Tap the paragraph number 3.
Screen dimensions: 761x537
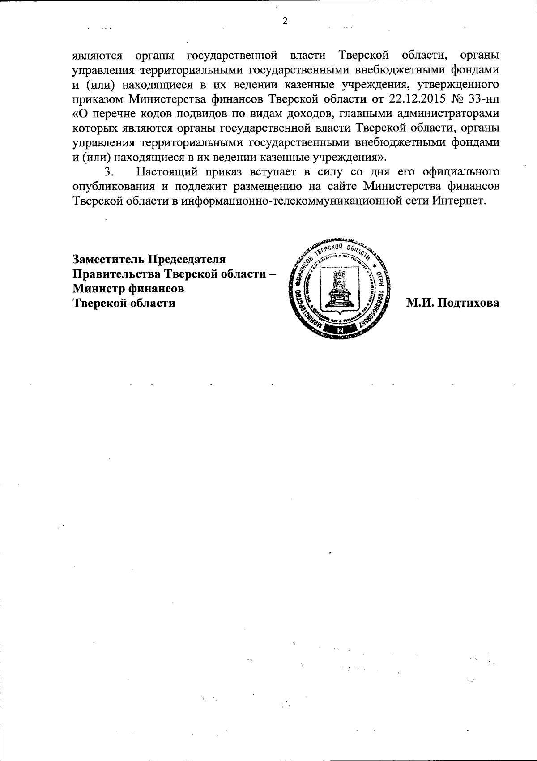coord(107,172)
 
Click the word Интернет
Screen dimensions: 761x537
coord(459,201)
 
